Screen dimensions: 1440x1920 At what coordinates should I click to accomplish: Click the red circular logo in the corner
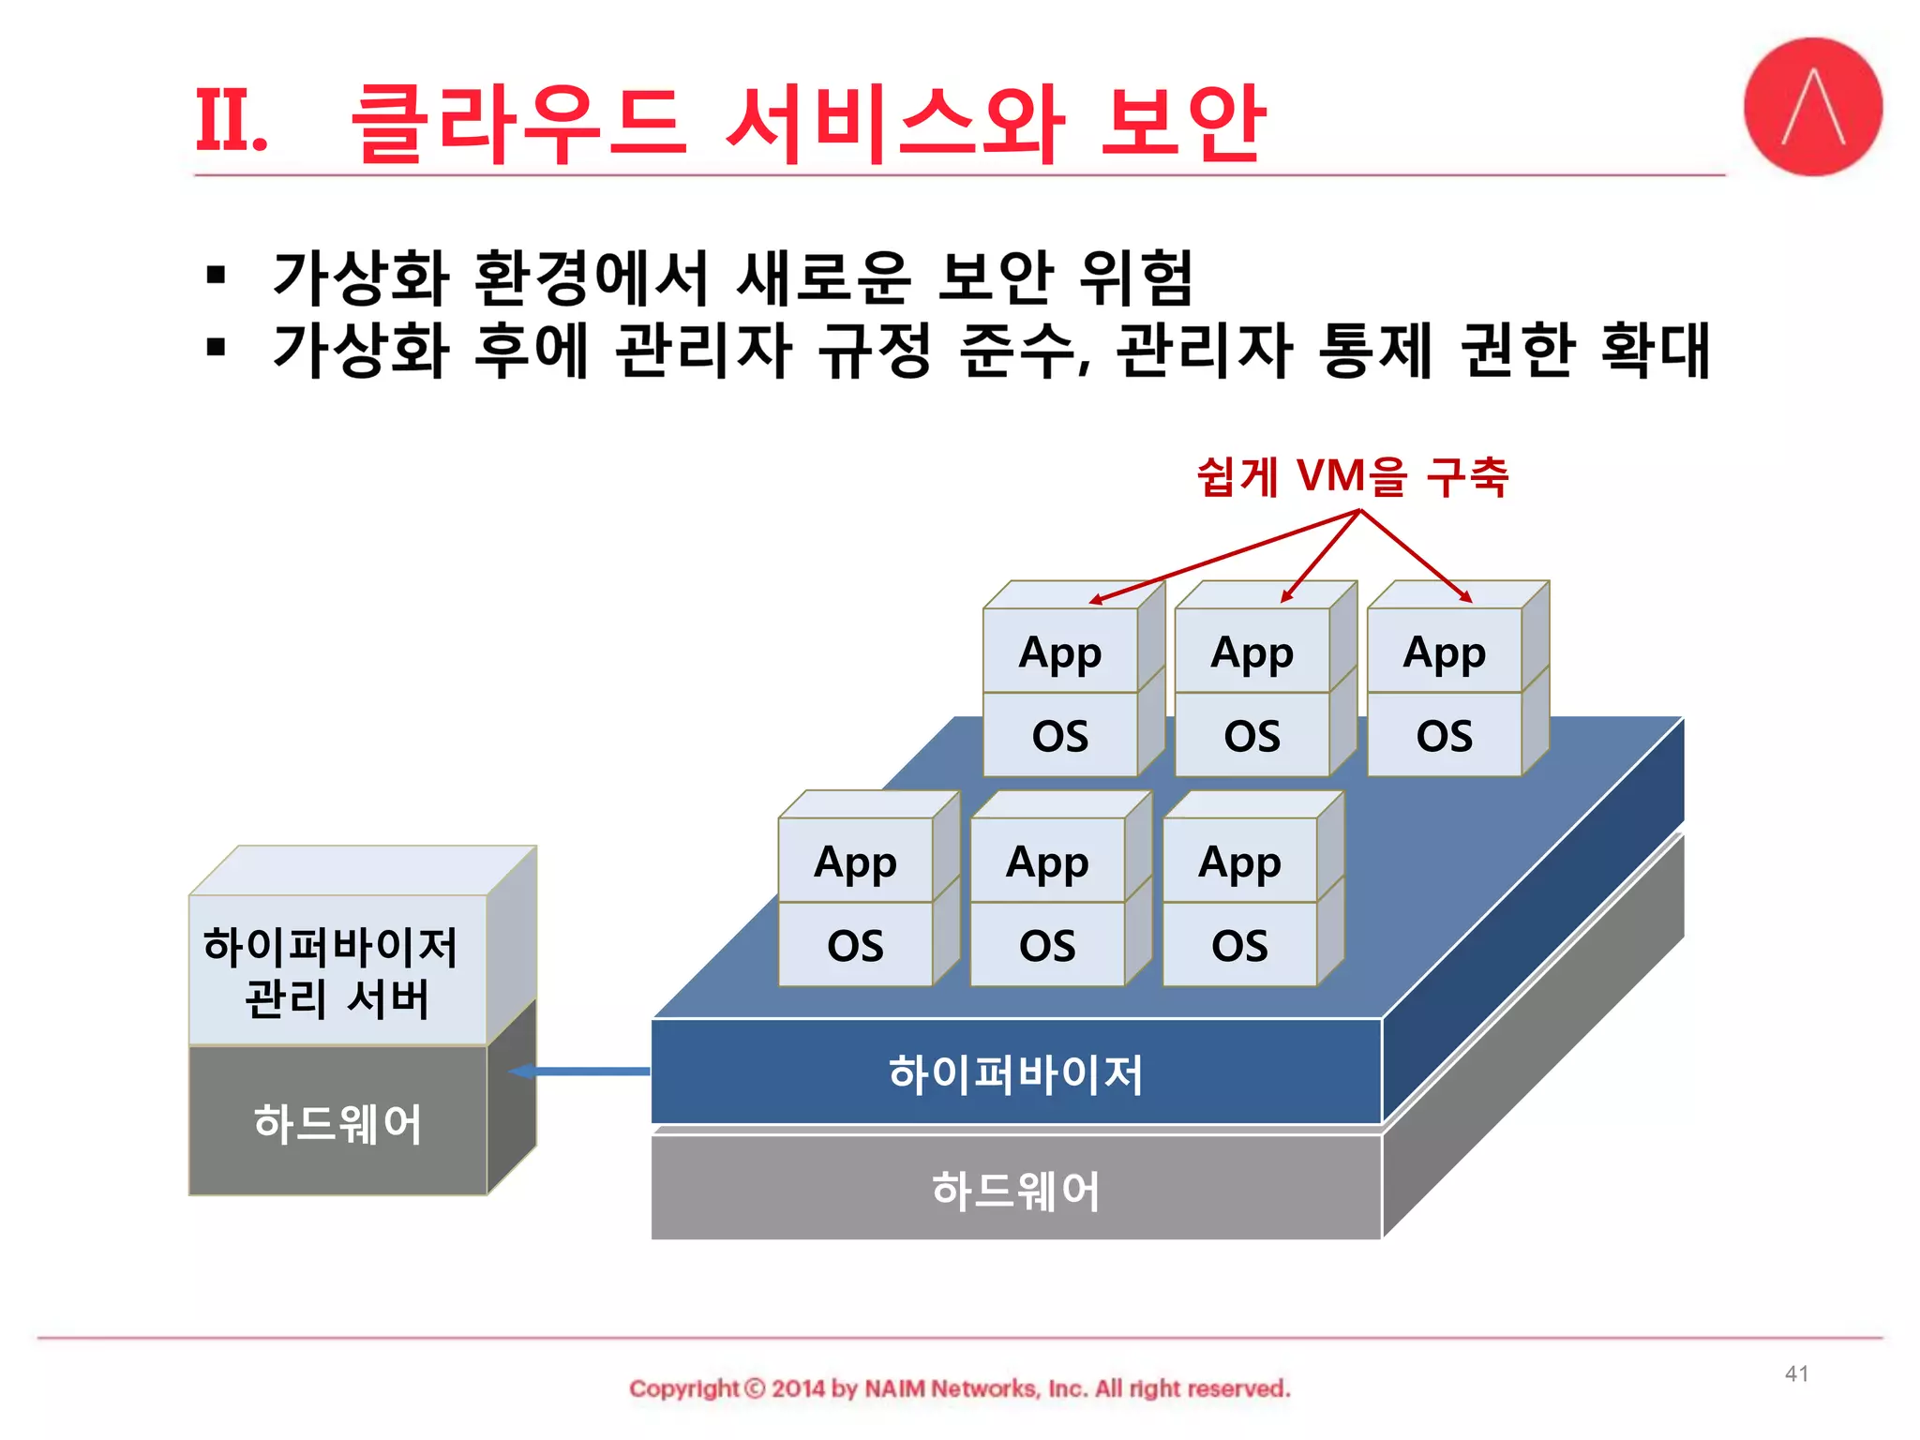[1812, 106]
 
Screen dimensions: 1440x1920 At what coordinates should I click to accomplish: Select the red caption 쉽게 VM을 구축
[1352, 476]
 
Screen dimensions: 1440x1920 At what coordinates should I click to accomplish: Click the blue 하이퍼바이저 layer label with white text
[1015, 1073]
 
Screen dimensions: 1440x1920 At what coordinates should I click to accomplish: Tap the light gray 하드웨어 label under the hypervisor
[1015, 1191]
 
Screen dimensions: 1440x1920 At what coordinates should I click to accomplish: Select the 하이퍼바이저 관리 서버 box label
[332, 972]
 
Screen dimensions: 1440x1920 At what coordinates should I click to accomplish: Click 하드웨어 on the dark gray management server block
[337, 1123]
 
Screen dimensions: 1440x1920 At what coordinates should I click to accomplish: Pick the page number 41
[1796, 1373]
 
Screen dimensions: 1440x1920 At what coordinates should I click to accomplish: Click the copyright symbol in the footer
[755, 1388]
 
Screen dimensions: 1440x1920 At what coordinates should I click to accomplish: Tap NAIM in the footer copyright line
[894, 1388]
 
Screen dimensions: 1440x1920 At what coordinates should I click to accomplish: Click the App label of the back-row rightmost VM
[1444, 652]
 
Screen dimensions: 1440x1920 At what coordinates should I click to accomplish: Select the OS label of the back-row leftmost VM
[1059, 736]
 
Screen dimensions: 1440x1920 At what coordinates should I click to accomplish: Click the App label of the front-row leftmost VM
[855, 862]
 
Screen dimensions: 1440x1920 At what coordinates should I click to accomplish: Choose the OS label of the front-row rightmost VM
[1239, 946]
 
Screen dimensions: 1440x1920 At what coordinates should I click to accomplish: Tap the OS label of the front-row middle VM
[1047, 946]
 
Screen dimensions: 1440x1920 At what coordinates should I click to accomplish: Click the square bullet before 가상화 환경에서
[217, 276]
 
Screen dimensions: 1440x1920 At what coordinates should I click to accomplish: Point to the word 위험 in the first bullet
[1135, 277]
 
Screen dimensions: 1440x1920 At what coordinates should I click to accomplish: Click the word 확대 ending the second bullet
[1655, 350]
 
